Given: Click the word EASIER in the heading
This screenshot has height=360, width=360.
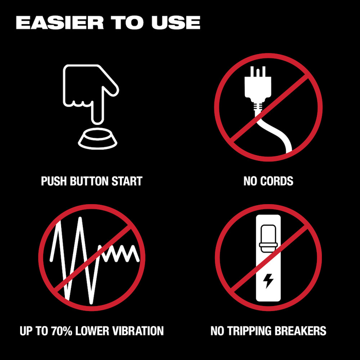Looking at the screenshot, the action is click(60, 23).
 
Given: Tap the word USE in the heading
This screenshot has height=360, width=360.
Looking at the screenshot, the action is click(176, 23).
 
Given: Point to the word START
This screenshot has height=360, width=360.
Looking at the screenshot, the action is click(127, 181).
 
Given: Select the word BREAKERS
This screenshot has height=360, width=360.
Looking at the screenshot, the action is click(300, 331).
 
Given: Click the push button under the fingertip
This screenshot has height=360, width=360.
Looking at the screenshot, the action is click(98, 139).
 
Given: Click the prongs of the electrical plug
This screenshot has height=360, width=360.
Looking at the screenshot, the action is click(258, 71).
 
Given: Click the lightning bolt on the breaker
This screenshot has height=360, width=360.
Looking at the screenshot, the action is click(268, 281).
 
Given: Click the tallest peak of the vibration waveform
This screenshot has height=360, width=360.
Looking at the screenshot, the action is click(80, 219).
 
